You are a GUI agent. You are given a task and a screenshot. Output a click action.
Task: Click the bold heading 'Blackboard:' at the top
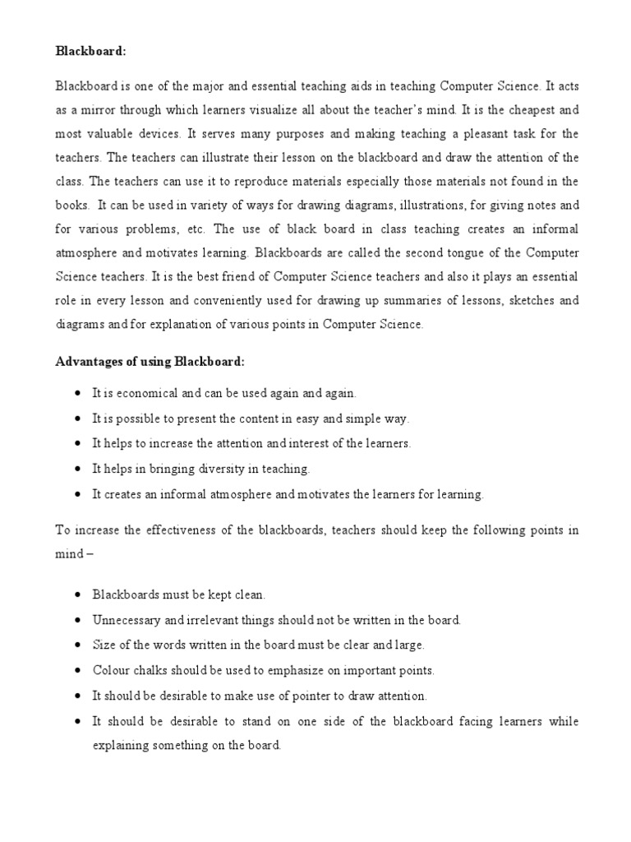pyautogui.click(x=90, y=50)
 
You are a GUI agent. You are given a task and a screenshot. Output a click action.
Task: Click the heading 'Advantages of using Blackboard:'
pyautogui.click(x=150, y=362)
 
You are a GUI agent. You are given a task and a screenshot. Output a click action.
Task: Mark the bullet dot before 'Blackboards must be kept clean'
pyautogui.click(x=77, y=594)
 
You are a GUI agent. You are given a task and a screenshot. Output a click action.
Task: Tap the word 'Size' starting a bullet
pyautogui.click(x=104, y=645)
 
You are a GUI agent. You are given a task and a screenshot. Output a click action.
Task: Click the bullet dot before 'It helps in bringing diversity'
pyautogui.click(x=77, y=469)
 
